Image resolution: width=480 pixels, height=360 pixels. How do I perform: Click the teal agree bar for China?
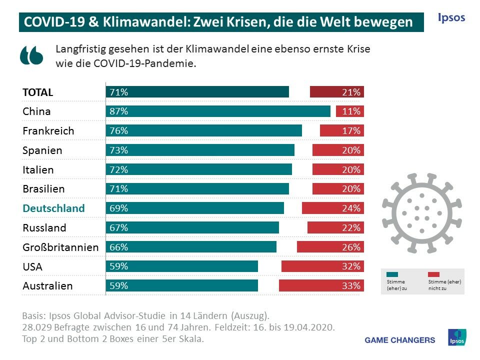(218, 111)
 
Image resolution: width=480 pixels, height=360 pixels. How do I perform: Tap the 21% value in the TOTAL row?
(351, 92)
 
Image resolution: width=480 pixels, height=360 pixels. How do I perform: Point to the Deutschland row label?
(54, 208)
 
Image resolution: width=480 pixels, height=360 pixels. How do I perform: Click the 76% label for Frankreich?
(119, 131)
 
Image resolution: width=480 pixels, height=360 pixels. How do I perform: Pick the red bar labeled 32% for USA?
(322, 266)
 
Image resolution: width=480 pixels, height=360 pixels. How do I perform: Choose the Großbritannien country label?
(60, 247)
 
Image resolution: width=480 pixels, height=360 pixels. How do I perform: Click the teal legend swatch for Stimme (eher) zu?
(392, 274)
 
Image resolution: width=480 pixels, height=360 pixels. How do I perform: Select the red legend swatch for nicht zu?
(433, 274)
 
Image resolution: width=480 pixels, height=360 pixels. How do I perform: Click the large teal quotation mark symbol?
(31, 55)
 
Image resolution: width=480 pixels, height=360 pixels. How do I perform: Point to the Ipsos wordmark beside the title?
(451, 18)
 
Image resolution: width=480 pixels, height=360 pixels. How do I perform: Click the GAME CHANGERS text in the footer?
(400, 340)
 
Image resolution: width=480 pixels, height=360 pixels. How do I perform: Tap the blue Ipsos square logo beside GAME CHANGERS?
(456, 337)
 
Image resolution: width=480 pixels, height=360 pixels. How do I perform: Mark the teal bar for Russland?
(192, 228)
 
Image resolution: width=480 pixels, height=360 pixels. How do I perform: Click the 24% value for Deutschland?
(351, 208)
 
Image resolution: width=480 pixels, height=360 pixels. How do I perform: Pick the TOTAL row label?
(38, 92)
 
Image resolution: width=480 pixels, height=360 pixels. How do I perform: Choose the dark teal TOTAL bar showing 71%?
(197, 92)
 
